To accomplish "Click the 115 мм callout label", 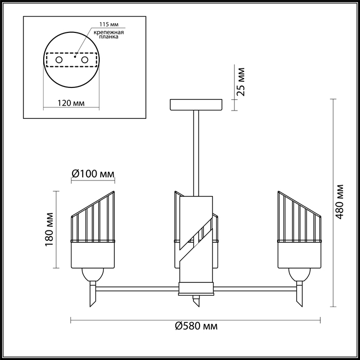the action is (x=109, y=24).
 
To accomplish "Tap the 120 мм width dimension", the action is (x=71, y=103).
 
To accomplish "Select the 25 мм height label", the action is (x=241, y=82).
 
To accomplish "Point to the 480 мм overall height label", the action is (x=339, y=202).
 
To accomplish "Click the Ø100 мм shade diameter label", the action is (x=93, y=174).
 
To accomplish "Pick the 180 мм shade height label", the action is (x=49, y=229).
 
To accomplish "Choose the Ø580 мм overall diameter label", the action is (x=196, y=326).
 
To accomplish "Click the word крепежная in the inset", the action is (x=109, y=32).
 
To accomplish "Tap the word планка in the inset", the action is (x=109, y=37).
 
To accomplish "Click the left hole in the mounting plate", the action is (x=59, y=60).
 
